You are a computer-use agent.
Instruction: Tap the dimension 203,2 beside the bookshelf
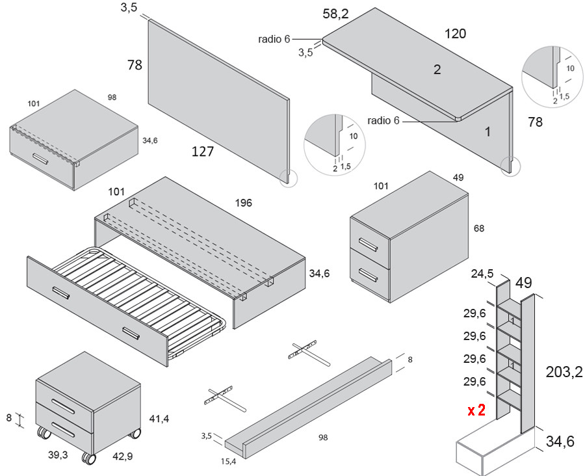pos(564,371)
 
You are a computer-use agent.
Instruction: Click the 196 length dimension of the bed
pos(243,203)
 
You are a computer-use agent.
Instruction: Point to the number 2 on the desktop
pos(437,70)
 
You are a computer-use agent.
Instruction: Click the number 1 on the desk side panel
pos(487,132)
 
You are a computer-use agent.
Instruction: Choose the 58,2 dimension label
pos(337,13)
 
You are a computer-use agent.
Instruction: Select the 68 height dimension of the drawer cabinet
pos(479,228)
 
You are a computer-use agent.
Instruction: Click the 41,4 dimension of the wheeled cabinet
pos(159,419)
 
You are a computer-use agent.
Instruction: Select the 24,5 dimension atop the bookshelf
pos(482,273)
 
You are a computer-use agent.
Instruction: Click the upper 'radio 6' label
pos(274,39)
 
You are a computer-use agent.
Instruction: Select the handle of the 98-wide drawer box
pos(40,159)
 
